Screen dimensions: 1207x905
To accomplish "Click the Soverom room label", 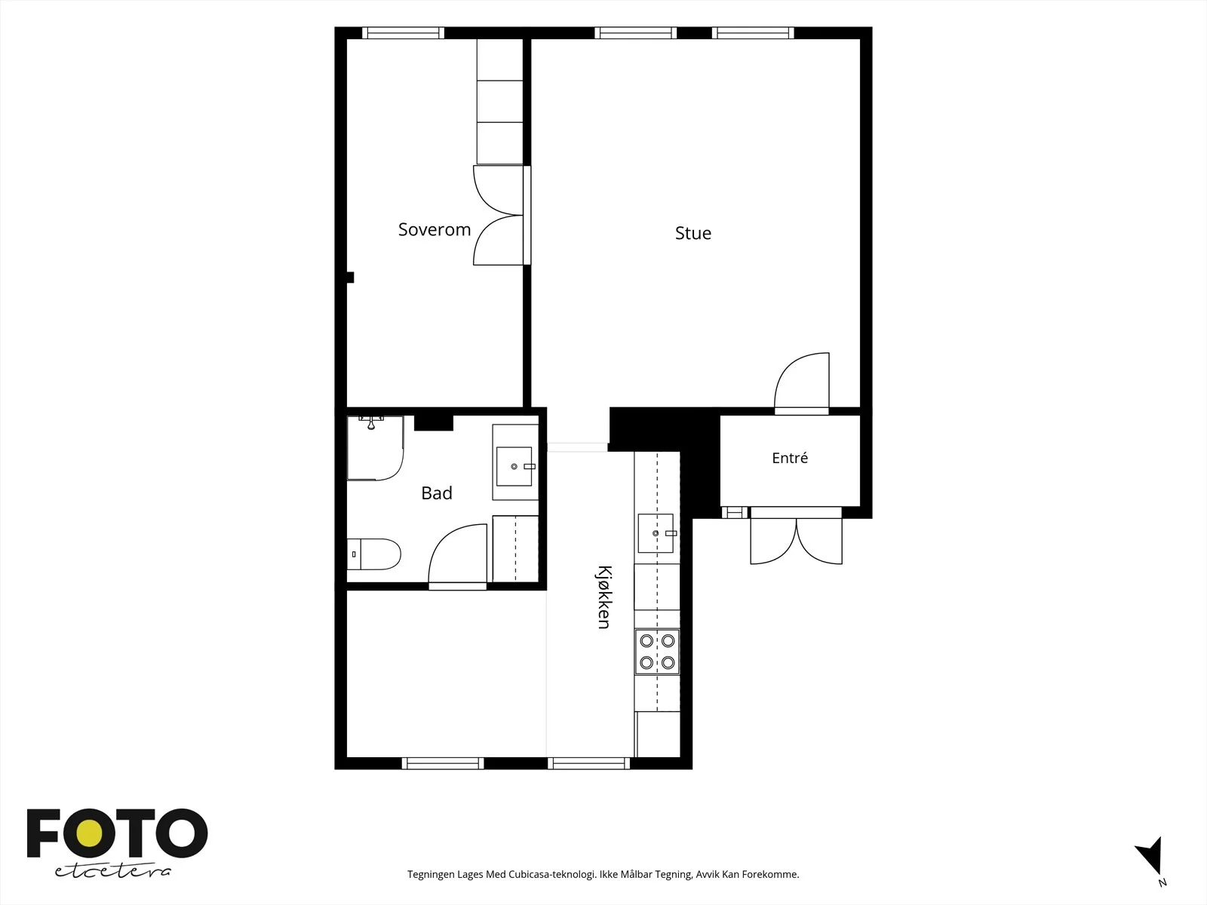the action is coord(435,230).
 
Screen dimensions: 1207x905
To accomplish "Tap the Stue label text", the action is coord(693,233).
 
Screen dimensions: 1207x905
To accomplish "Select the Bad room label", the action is coord(437,493).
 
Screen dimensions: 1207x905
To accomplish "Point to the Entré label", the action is coord(790,458).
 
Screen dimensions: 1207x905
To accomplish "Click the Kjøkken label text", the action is coord(603,597).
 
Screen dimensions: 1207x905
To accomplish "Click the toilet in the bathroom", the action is coord(374,554).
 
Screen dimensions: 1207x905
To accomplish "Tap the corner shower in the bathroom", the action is coord(376,448).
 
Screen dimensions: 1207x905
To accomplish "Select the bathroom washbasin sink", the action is coord(514,466).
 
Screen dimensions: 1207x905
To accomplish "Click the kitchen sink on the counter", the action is coord(656,533).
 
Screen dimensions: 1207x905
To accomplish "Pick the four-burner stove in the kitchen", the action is coord(657,652).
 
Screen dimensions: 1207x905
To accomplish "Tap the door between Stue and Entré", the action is coord(802,383).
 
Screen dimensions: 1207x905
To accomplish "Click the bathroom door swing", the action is coord(457,556).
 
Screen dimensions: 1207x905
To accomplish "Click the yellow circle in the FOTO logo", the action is coord(90,833).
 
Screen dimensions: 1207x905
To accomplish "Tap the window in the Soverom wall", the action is coord(403,33).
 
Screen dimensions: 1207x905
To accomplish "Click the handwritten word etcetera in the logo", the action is coord(112,872).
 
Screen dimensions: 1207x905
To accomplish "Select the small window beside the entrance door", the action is coord(735,513).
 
